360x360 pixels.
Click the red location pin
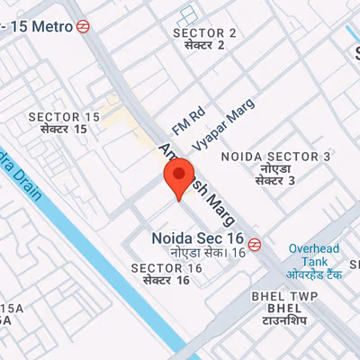182,175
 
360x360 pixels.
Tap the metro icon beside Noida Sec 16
256,242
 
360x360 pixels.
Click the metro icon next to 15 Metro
83,27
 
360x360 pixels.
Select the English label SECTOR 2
204,33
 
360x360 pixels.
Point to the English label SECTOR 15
64,117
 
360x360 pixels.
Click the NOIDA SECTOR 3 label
275,157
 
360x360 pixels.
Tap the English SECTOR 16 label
166,269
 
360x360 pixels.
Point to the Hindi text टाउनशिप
285,320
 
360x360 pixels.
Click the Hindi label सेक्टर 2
203,45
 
